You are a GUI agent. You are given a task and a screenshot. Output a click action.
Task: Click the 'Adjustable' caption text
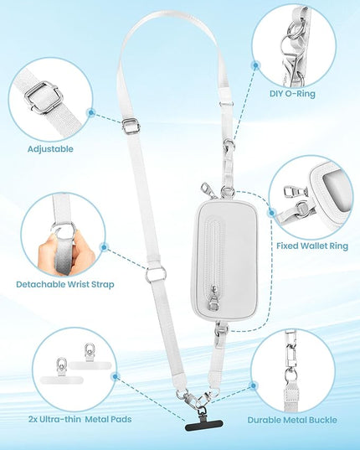(x=50, y=149)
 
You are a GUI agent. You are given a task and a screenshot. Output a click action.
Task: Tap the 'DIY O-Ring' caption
(x=292, y=94)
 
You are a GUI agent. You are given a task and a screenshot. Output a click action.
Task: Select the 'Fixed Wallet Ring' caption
(x=312, y=246)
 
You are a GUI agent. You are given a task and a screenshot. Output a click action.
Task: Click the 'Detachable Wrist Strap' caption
(x=65, y=284)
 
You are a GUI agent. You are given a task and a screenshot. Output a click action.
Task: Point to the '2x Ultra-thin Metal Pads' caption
(x=80, y=419)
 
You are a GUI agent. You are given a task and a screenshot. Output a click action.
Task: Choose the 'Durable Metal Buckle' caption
(x=292, y=420)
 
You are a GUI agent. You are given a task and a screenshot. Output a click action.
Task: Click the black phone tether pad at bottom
(x=203, y=425)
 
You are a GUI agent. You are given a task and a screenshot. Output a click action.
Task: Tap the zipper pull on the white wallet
(x=212, y=299)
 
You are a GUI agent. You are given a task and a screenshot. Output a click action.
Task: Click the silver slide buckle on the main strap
(x=131, y=127)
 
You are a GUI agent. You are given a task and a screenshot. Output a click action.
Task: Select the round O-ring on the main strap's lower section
(x=156, y=275)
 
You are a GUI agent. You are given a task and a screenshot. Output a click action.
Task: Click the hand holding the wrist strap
(x=66, y=252)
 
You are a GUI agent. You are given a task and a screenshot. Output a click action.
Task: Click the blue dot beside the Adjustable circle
(x=91, y=112)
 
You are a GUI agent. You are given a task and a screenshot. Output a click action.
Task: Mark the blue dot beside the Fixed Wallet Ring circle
(x=271, y=213)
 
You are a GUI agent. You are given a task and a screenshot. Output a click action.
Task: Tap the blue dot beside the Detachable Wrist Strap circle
(x=105, y=247)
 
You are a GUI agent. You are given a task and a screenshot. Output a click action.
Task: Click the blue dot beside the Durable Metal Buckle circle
(x=253, y=386)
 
